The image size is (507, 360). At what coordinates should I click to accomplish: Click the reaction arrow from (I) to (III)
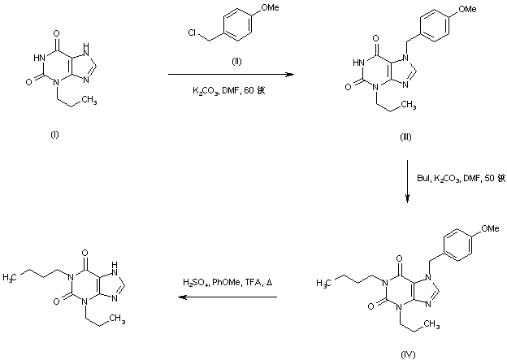tap(230, 75)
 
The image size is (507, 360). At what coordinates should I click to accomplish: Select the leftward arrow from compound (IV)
tap(228, 297)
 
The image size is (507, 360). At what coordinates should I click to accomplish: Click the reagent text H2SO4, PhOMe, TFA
tap(227, 283)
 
